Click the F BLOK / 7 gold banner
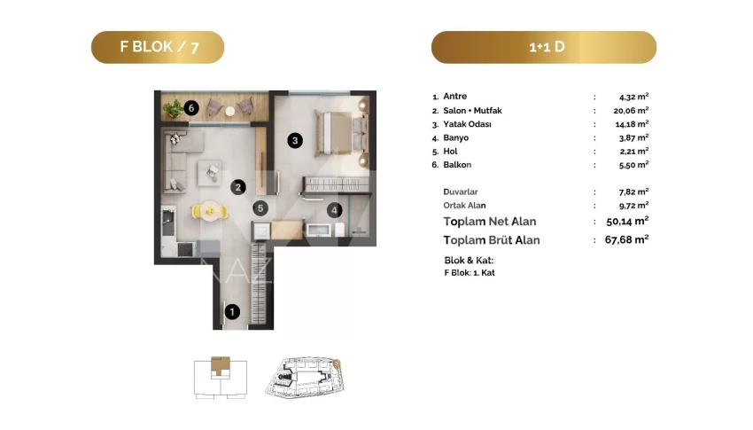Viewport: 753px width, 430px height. tap(158, 47)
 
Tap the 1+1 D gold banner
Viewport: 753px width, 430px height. tap(544, 47)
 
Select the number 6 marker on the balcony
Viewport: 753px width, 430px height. tap(191, 107)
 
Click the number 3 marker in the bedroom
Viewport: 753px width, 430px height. tap(295, 140)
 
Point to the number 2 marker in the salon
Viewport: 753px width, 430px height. tap(238, 187)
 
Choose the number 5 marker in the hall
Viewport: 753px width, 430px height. tap(260, 208)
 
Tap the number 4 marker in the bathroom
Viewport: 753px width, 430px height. tap(334, 209)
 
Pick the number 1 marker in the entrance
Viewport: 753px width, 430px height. tap(232, 312)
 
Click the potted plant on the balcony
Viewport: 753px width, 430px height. tap(173, 108)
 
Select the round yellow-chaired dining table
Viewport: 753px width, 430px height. tap(210, 210)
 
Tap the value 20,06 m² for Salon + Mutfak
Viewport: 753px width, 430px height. tap(631, 110)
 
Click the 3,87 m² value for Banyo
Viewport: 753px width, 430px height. tap(634, 137)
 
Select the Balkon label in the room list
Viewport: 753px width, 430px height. tap(457, 164)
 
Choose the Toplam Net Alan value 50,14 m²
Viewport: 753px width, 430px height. tap(627, 221)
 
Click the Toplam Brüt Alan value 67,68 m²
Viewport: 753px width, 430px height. tap(626, 239)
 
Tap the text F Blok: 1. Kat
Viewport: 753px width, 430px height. tap(470, 272)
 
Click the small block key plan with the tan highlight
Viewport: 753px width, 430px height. tap(221, 377)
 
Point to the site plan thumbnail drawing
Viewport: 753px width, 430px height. tap(305, 377)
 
